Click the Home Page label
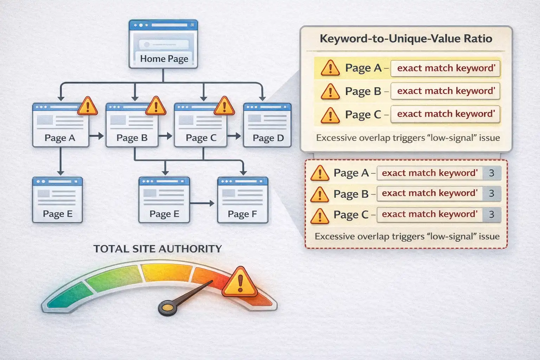[164, 59]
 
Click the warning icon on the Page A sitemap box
[87, 106]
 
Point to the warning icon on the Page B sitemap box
[156, 106]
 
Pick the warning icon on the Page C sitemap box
[224, 106]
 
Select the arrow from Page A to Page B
[96, 136]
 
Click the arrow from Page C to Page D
[234, 136]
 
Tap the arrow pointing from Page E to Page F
[202, 203]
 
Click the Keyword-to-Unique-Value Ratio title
[406, 38]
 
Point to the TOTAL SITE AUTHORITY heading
[157, 249]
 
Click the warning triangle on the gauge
[240, 282]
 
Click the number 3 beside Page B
[491, 193]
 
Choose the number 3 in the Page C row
[491, 214]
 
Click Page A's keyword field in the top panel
[445, 68]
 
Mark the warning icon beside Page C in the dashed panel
[320, 215]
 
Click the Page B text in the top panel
[363, 91]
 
